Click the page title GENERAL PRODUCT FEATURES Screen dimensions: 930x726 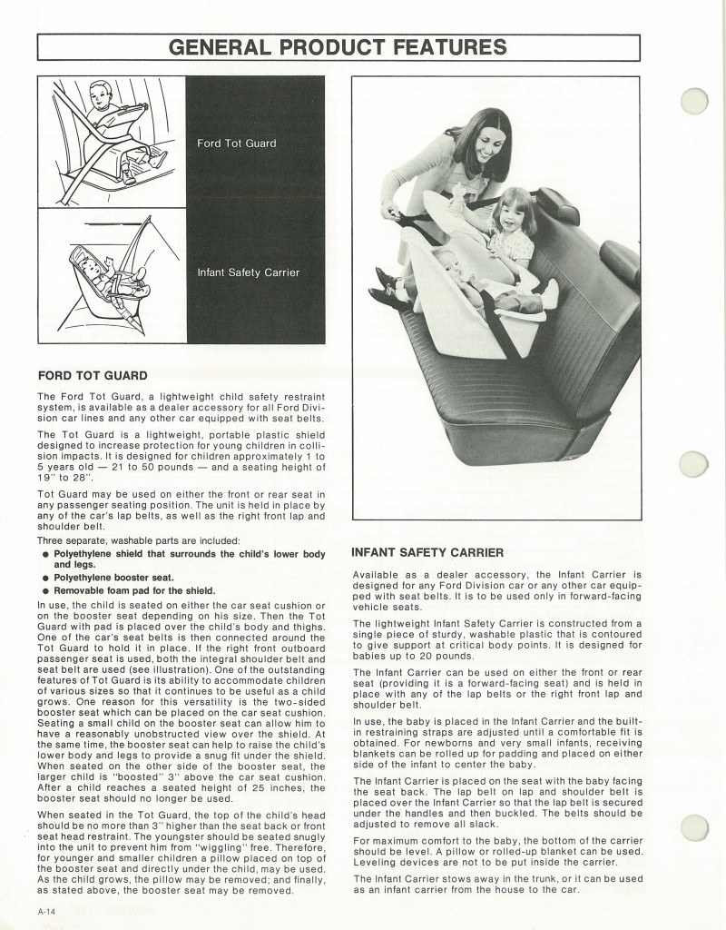338,46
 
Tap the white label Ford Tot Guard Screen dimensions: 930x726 236,143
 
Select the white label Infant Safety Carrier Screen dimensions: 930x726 248,272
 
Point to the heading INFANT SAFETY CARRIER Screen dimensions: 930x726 427,552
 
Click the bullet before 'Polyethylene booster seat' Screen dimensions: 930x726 44,578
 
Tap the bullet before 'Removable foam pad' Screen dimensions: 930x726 44,591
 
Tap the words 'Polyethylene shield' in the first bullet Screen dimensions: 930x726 95,554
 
